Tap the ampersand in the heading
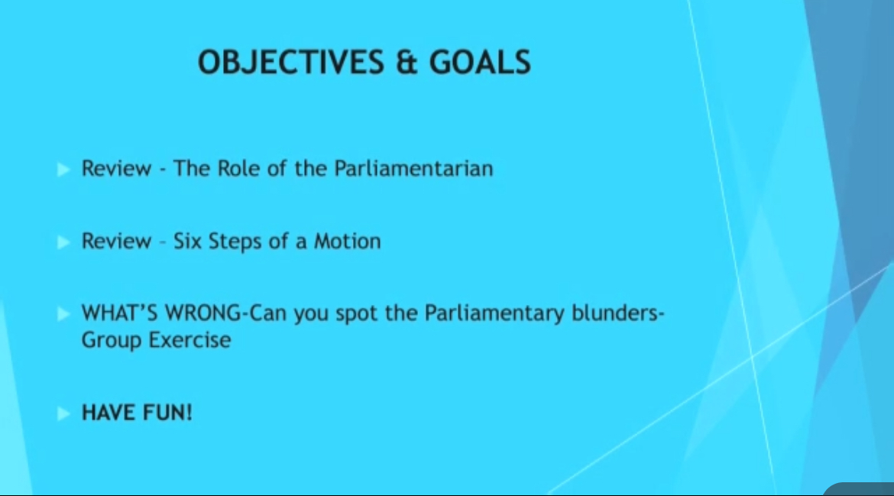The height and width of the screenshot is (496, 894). (407, 62)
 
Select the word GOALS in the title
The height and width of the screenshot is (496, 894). (480, 62)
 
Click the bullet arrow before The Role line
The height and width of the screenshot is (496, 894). (63, 170)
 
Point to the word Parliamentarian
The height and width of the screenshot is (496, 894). (413, 168)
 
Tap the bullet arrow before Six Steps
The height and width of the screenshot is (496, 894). (63, 242)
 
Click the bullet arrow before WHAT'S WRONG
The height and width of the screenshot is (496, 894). (63, 313)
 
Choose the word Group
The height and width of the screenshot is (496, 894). (112, 340)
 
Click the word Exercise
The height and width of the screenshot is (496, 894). (189, 340)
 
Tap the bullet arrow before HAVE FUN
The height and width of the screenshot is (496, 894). (63, 413)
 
